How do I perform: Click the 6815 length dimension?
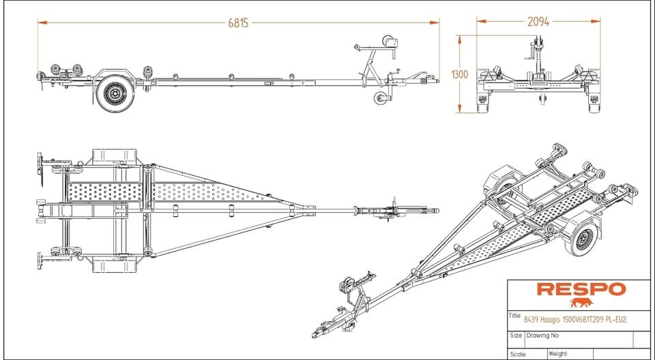point(238,23)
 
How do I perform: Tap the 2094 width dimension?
point(538,21)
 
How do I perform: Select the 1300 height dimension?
point(460,74)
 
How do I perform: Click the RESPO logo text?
point(581,289)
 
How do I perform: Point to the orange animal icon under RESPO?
point(581,303)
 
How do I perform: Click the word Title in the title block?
point(514,316)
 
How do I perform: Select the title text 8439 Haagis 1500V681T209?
point(559,320)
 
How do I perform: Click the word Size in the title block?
point(516,335)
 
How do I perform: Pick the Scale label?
point(518,354)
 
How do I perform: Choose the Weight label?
point(558,354)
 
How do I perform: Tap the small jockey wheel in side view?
point(380,98)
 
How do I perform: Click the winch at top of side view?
point(390,43)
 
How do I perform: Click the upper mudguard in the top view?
point(115,155)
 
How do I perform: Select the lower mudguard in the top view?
point(115,265)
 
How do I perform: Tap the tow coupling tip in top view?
point(436,211)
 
